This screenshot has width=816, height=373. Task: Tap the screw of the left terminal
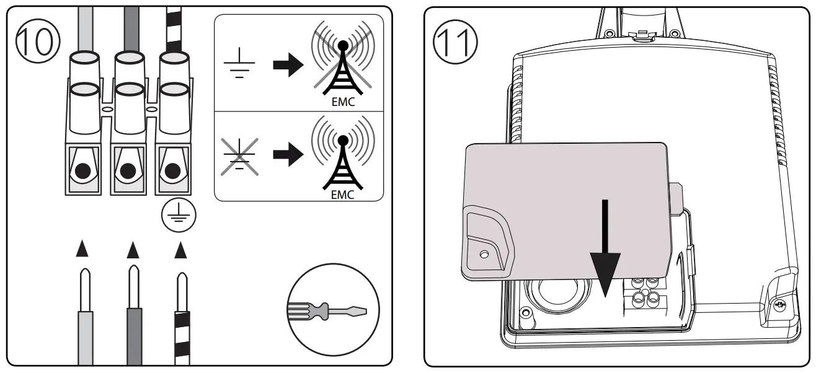pyautogui.click(x=81, y=169)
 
